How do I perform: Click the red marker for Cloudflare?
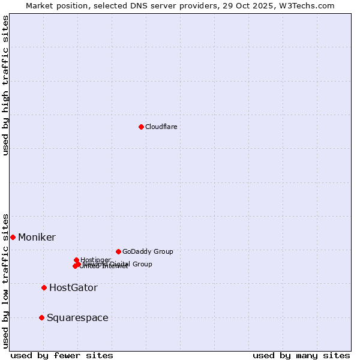point(141,127)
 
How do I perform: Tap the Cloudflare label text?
point(161,127)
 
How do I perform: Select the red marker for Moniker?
point(13,237)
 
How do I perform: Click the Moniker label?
point(37,238)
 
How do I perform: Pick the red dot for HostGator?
point(44,287)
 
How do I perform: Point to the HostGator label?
point(73,288)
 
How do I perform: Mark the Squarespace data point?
point(41,317)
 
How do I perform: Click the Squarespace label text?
point(77,318)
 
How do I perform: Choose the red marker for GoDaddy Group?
point(118,251)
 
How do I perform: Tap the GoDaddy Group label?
point(148,251)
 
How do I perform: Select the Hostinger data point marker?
point(76,260)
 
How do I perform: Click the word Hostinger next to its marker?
point(95,260)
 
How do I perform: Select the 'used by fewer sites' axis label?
point(62,355)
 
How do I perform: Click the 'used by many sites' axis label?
point(301,355)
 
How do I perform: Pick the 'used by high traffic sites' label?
point(5,85)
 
